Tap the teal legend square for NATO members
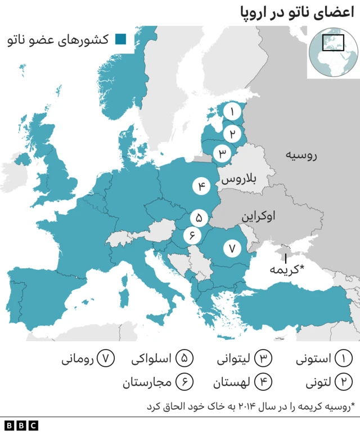pos(120,39)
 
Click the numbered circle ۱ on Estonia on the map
pos(231,112)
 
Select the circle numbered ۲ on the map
pos(231,134)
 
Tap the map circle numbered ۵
pos(199,217)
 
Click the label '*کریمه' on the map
pos(286,269)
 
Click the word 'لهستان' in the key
pos(231,383)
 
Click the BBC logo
pos(21,426)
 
